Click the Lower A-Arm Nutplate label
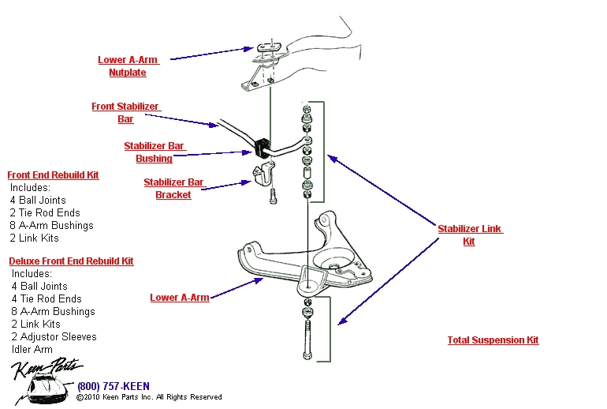pyautogui.click(x=128, y=66)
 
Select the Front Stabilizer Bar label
pyautogui.click(x=125, y=113)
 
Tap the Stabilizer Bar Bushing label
pyautogui.click(x=154, y=152)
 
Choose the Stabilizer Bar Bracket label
pyautogui.click(x=173, y=189)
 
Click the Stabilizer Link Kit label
pyautogui.click(x=469, y=235)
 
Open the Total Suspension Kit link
pyautogui.click(x=493, y=340)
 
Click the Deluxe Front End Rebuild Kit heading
pyautogui.click(x=71, y=261)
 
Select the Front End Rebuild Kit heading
pyautogui.click(x=53, y=175)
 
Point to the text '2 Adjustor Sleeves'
pyautogui.click(x=54, y=337)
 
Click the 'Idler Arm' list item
pyautogui.click(x=32, y=350)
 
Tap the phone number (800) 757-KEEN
pyautogui.click(x=113, y=386)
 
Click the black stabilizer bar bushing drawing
pyautogui.click(x=263, y=147)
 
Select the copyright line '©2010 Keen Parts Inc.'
pyautogui.click(x=149, y=397)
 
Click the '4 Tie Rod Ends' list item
pyautogui.click(x=47, y=299)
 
